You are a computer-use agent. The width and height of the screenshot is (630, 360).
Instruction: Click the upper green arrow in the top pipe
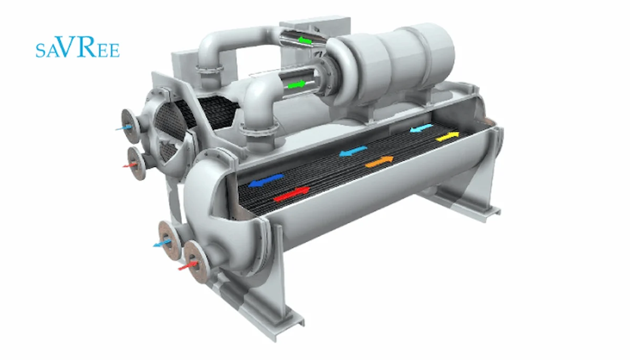click(305, 40)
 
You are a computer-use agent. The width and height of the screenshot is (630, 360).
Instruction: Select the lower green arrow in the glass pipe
click(297, 84)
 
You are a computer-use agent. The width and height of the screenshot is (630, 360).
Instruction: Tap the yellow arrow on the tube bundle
click(447, 136)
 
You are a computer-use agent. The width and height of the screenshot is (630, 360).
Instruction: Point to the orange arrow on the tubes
click(379, 162)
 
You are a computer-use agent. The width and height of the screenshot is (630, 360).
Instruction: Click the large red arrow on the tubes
click(292, 194)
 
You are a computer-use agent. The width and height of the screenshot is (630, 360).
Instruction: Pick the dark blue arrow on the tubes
click(266, 181)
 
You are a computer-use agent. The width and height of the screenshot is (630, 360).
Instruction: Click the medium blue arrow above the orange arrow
click(353, 151)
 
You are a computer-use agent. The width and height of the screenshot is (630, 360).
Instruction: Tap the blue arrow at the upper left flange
click(124, 128)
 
